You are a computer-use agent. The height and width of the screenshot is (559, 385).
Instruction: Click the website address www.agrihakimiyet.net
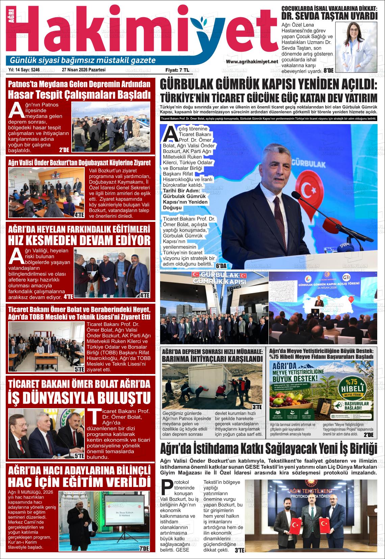pos(252,62)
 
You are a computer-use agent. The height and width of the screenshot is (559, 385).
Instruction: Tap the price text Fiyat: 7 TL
pos(177,70)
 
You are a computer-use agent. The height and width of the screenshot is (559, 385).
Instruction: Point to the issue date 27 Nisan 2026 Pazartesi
pos(84,70)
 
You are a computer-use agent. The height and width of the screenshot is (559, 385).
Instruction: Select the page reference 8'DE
pos(328,71)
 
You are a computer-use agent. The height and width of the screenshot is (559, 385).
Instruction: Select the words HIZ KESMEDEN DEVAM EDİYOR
pos(79,240)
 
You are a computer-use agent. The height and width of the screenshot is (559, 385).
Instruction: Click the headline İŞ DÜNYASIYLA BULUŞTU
pos(79,398)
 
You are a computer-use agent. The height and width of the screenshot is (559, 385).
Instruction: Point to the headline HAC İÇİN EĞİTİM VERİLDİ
pos(79,481)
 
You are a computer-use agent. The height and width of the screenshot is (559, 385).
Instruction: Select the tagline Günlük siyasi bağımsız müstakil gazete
pos(83,60)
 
